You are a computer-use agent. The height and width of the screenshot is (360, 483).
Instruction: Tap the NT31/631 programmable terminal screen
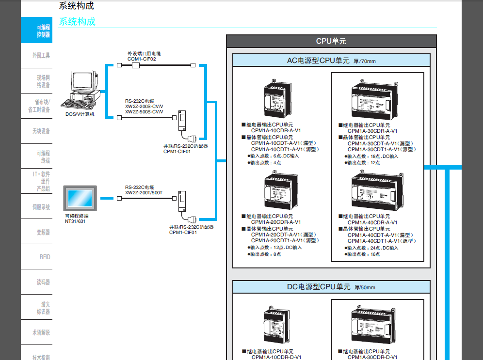click(80, 198)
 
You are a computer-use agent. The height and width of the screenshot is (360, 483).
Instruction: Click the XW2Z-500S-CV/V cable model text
click(144, 112)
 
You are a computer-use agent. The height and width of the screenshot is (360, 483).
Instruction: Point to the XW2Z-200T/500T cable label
click(144, 193)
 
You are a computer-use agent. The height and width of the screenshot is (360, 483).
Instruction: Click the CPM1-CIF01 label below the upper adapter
click(177, 152)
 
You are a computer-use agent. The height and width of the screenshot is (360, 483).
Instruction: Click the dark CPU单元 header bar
click(331, 41)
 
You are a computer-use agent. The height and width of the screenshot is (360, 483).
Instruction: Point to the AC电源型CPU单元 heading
click(318, 61)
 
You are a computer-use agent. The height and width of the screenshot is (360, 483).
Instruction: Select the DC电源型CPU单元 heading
click(318, 287)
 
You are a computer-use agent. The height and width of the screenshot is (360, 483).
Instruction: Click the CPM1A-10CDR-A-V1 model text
click(275, 131)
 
